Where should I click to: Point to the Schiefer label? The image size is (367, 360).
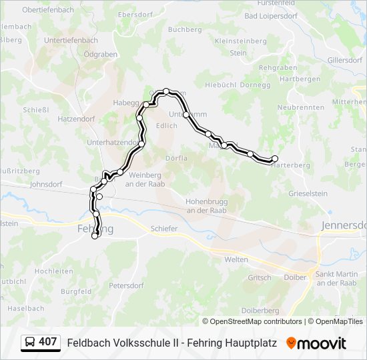point(163,229)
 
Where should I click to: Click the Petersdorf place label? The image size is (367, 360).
point(126,285)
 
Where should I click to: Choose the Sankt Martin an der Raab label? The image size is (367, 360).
point(336,279)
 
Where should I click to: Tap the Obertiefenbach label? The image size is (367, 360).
point(48,10)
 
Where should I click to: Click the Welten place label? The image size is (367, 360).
point(236,259)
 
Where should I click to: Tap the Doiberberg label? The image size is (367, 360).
point(260,311)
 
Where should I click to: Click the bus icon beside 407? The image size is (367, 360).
point(30,343)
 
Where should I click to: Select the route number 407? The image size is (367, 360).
point(47,342)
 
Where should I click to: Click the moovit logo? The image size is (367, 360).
point(316,343)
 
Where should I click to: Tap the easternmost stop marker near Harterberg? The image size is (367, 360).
point(274,158)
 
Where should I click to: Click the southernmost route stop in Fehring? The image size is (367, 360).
point(95,235)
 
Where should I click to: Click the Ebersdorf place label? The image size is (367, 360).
point(135,14)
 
